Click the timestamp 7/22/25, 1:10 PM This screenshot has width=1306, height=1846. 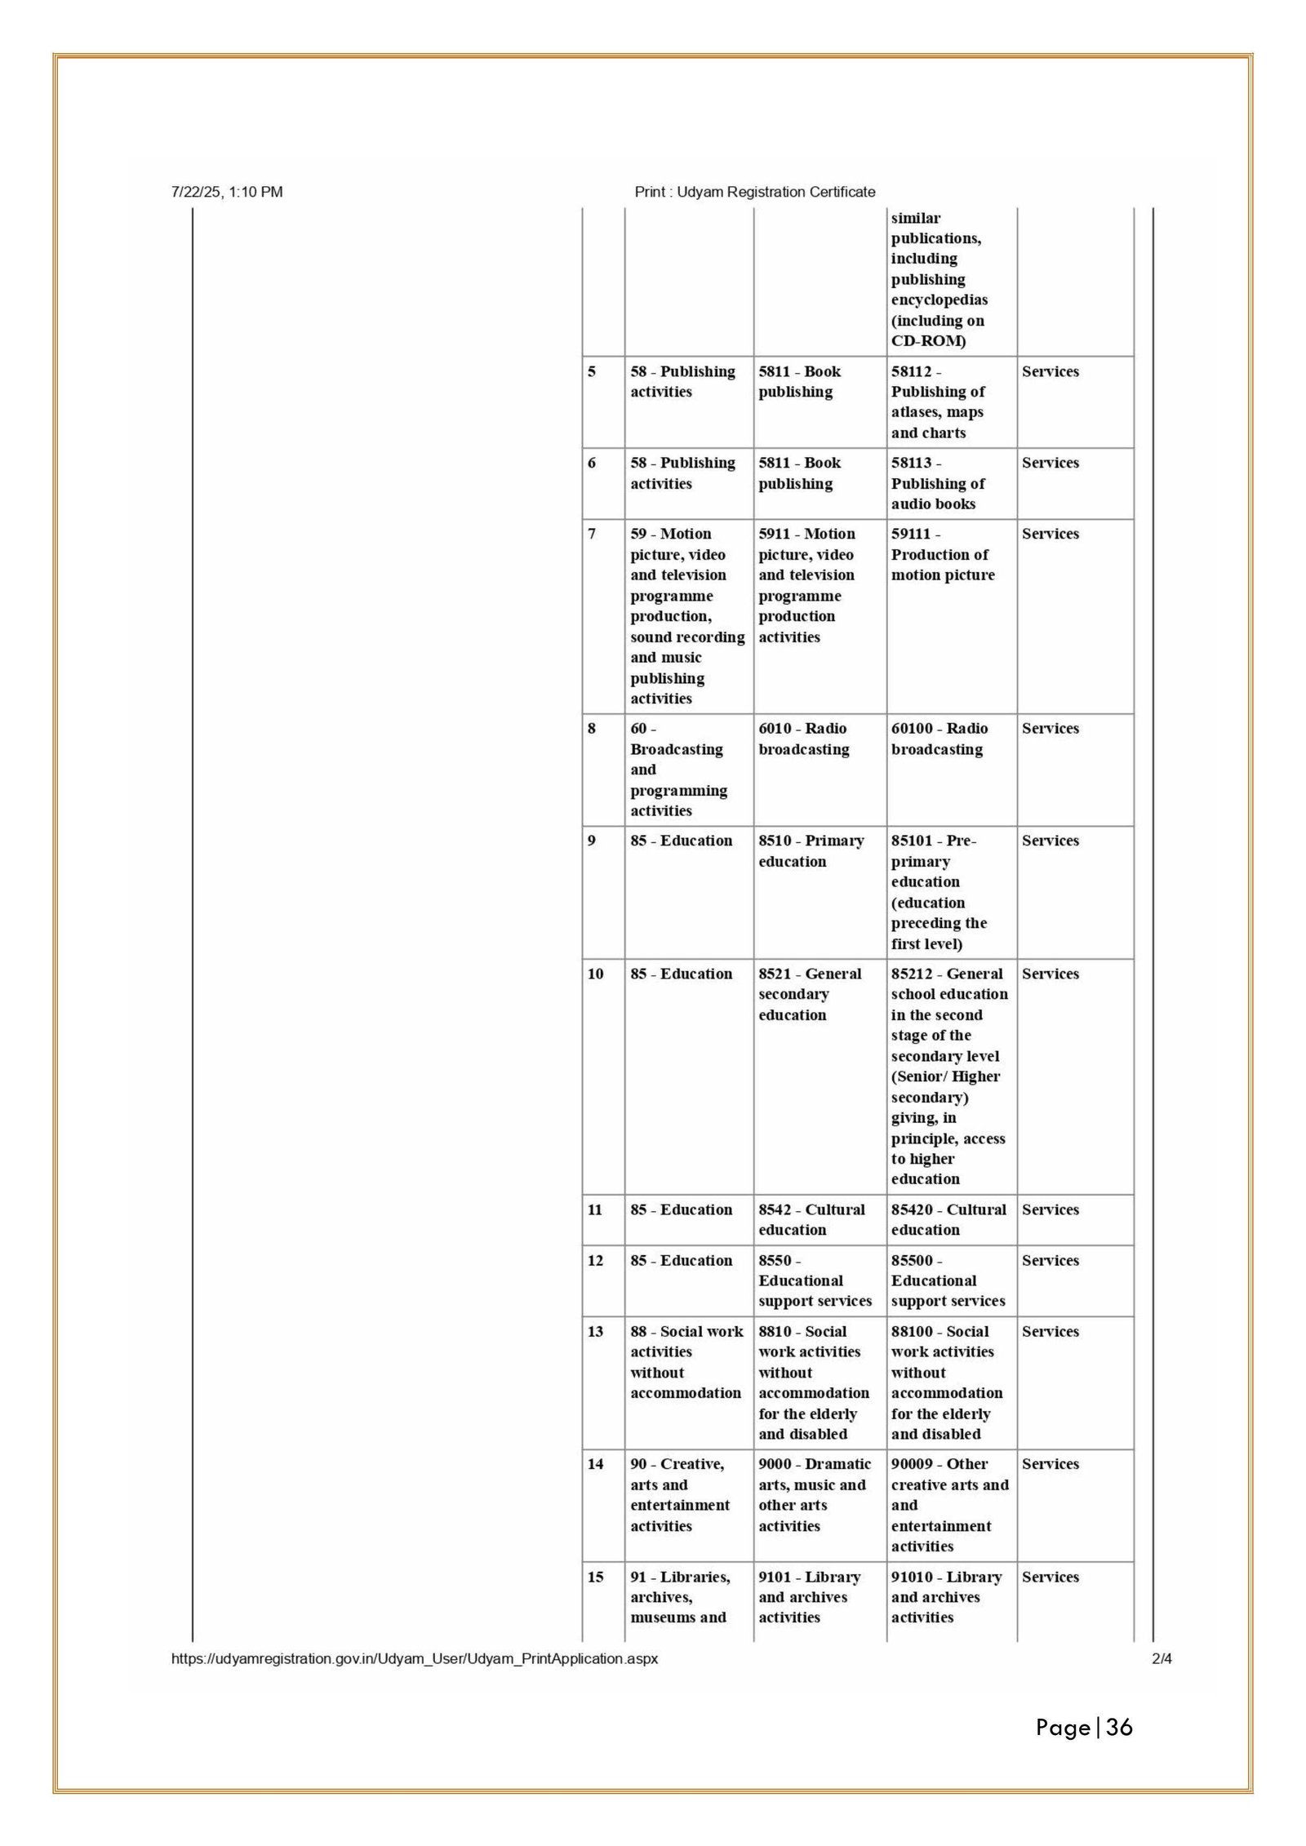[x=227, y=192]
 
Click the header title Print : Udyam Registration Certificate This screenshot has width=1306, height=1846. [x=754, y=192]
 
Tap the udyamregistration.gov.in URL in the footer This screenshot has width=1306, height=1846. [x=414, y=1658]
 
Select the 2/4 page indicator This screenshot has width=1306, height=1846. [x=1162, y=1658]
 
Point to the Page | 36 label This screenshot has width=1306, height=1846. [x=1084, y=1727]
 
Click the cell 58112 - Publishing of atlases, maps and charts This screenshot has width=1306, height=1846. [x=938, y=402]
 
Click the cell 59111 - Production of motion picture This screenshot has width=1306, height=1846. [x=943, y=554]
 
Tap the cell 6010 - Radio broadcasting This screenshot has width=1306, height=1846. [x=804, y=739]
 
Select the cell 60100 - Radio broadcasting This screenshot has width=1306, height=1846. [x=940, y=739]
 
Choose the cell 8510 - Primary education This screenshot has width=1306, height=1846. [x=811, y=851]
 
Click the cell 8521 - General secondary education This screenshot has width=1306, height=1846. [x=809, y=994]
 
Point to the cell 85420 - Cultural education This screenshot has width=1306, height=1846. [x=948, y=1219]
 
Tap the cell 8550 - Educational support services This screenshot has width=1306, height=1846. [x=815, y=1280]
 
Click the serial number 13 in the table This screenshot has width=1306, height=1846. [x=596, y=1332]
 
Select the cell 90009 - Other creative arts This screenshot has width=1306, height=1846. [x=949, y=1505]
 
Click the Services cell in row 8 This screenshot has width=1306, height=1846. [x=1050, y=729]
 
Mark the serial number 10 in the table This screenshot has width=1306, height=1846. [x=596, y=974]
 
